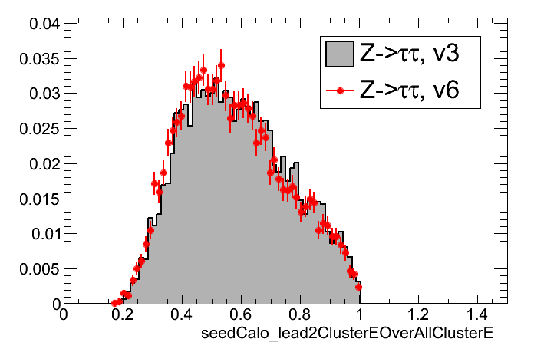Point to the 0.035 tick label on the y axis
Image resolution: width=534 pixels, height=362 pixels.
(36, 58)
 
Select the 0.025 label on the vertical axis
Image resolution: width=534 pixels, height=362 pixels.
(36, 129)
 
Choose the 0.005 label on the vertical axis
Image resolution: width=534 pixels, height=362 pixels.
(36, 269)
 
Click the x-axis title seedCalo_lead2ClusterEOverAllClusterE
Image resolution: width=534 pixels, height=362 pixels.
(346, 335)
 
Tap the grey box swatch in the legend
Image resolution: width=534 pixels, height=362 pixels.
(339, 54)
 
